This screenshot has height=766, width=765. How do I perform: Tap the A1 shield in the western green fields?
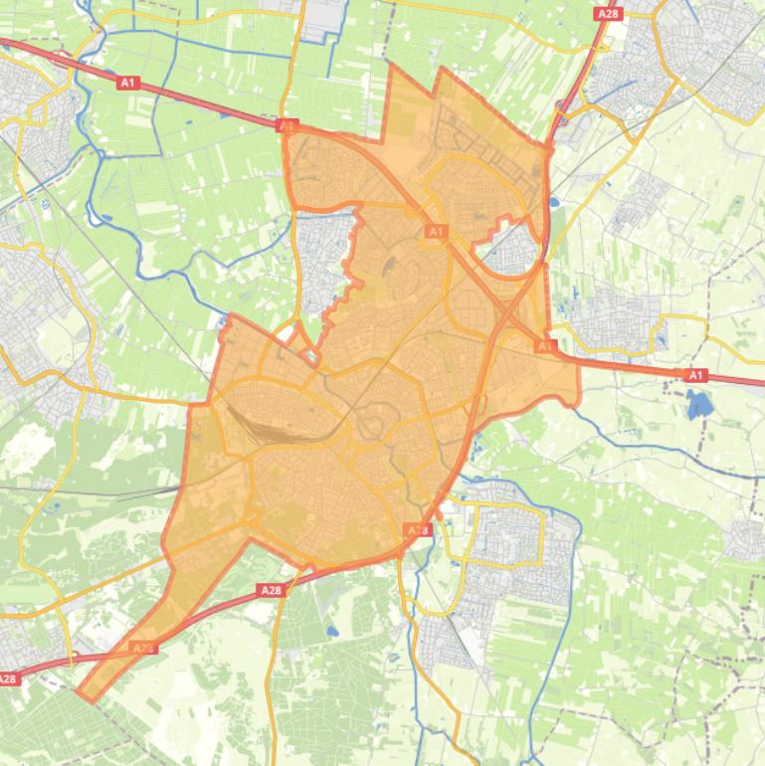coord(128,84)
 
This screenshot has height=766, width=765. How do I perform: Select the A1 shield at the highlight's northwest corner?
coord(287,126)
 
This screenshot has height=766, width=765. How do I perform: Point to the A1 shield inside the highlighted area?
coord(436,232)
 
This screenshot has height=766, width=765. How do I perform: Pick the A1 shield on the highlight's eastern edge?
coord(545,346)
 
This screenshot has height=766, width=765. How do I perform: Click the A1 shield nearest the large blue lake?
coord(696,375)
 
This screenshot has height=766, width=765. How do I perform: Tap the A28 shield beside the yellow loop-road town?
coord(419,531)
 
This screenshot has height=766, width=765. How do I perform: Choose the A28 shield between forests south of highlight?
coord(271,590)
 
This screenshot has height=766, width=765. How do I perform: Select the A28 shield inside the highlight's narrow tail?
coord(143,648)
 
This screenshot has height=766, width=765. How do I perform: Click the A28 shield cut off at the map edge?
coord(8,678)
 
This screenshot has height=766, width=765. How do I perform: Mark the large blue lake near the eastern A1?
coord(698,404)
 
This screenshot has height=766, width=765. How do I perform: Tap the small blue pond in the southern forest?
coord(331,631)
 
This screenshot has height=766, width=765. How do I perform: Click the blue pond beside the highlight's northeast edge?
coord(554,204)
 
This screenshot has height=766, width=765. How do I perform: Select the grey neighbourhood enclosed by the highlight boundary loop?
coord(511,249)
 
